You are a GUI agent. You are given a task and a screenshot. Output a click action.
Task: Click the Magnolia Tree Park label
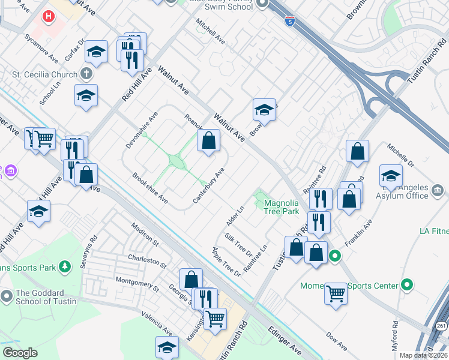[282, 207]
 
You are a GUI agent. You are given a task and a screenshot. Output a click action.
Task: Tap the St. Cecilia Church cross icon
[86, 74]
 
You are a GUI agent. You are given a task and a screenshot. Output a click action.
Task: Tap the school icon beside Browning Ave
[264, 110]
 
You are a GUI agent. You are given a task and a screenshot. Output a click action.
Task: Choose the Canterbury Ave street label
[209, 184]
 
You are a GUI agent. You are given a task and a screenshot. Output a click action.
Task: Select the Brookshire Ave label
[149, 188]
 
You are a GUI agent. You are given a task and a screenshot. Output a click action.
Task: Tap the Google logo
[20, 353]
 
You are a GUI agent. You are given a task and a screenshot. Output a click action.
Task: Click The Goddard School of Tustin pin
[7, 296]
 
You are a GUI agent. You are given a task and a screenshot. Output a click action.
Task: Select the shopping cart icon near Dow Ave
[336, 293]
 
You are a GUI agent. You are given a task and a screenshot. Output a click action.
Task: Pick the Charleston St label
[146, 260]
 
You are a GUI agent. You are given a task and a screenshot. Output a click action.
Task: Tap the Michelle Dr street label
[400, 155]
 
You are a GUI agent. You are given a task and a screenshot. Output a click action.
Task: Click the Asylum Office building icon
[437, 190]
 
